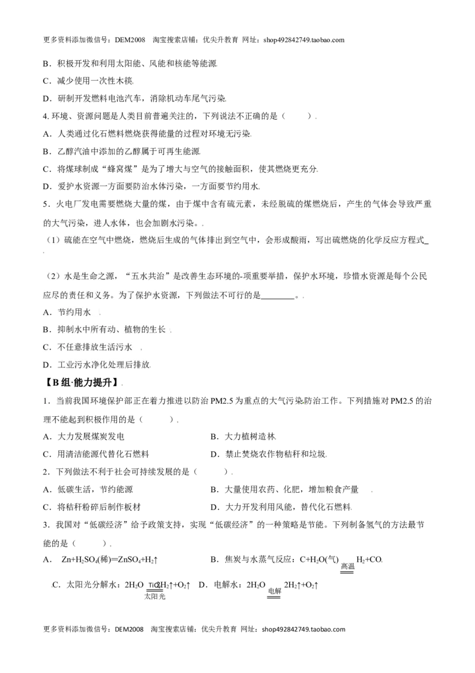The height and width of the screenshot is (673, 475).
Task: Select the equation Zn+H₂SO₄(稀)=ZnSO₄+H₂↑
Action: pos(110,559)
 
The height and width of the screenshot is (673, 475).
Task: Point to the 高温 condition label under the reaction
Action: pos(348,567)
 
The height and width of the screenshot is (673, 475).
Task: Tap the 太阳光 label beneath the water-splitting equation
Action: pos(155,596)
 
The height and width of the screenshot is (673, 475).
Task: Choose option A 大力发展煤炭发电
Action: pos(84,436)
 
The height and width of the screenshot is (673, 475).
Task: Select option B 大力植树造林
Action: pos(243,436)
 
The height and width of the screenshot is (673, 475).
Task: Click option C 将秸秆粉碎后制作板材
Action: pos(92,507)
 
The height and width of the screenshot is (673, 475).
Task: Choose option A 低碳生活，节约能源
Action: pos(88,489)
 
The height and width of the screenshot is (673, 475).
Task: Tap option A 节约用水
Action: pos(67,313)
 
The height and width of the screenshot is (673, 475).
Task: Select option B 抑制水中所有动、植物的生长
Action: pos(104,329)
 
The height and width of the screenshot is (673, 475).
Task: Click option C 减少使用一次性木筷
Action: pos(88,81)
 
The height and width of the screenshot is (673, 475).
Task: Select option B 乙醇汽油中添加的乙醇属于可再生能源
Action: pos(122,152)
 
